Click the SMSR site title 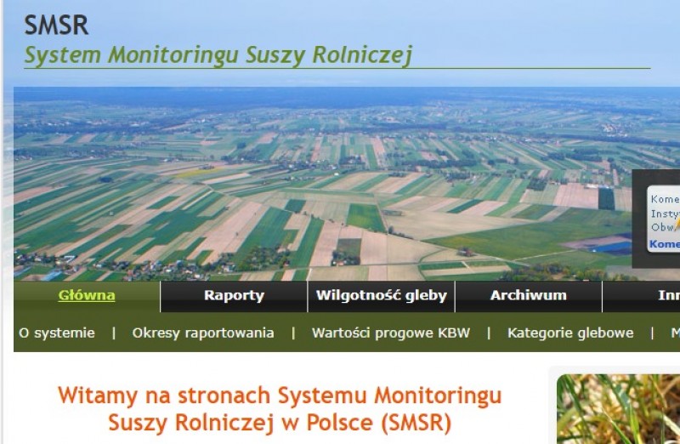[56, 25]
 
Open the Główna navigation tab [87, 296]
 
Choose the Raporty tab [234, 296]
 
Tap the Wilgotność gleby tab [381, 296]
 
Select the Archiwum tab [528, 296]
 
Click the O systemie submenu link [57, 333]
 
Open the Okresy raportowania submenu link [203, 333]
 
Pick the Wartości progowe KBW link [390, 333]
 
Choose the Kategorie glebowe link [570, 333]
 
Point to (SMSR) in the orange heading [416, 422]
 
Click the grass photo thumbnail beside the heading [619, 409]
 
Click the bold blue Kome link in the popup [664, 244]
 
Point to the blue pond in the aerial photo [612, 247]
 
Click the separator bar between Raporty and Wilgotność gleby [307, 296]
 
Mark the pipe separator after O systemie [114, 333]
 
